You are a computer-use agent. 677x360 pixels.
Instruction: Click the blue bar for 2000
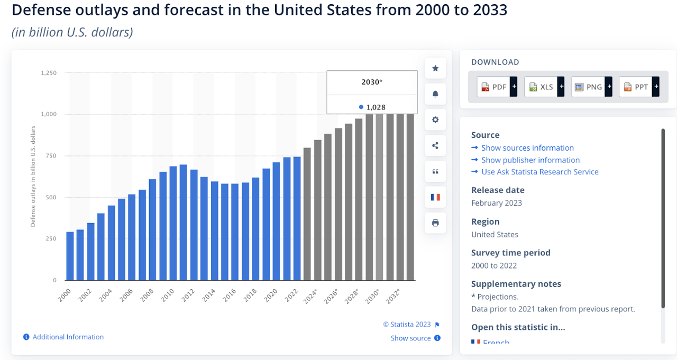coord(70,256)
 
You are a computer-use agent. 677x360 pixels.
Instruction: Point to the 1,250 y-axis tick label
coord(49,73)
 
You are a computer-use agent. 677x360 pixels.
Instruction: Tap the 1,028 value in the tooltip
coord(376,107)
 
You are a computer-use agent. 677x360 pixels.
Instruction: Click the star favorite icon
coord(435,68)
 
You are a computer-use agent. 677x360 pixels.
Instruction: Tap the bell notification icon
coord(435,94)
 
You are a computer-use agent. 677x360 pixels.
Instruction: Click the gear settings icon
coord(435,120)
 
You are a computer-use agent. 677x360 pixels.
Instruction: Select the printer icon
coord(435,223)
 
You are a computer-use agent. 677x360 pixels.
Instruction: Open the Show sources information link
coord(527,148)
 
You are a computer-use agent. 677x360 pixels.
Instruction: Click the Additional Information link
coord(68,337)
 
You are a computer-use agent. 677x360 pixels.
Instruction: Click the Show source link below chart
coord(410,338)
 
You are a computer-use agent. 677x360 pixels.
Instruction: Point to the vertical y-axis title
coord(33,176)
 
